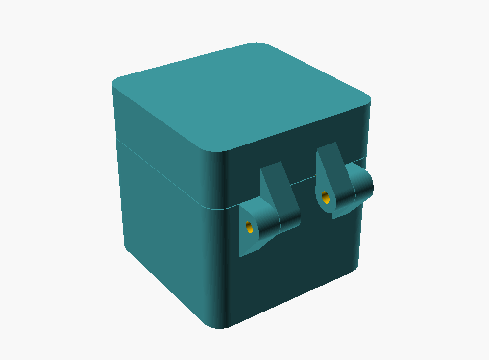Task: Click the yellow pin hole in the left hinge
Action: click(249, 227)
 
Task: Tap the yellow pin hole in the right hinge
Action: click(325, 197)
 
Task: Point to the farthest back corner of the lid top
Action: click(259, 45)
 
